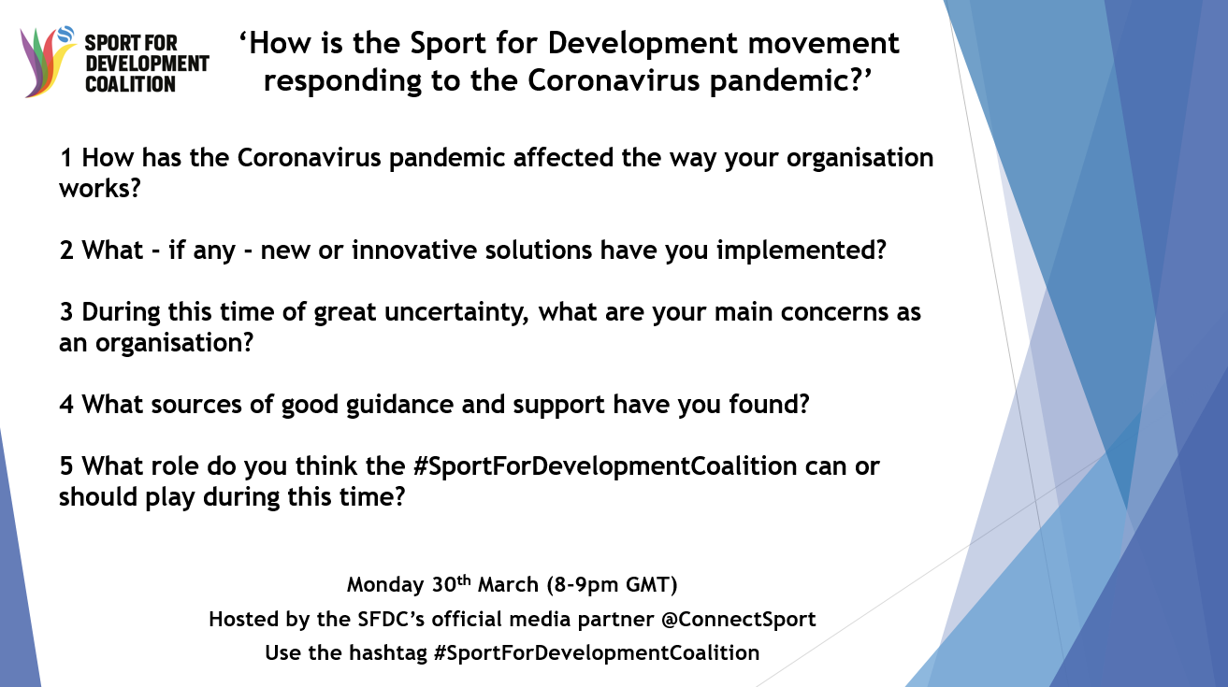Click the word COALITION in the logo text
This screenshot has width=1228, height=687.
130,84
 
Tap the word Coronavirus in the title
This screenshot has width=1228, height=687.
614,80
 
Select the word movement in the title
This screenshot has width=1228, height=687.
823,43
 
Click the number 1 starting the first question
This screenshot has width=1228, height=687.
66,158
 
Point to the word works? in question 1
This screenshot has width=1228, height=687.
100,189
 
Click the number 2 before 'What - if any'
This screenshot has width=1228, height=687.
66,250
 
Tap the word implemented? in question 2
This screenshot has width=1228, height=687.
801,250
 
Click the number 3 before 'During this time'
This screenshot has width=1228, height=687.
66,312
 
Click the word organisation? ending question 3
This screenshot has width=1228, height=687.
174,344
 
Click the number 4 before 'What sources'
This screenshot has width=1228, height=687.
66,405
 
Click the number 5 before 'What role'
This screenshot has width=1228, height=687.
66,466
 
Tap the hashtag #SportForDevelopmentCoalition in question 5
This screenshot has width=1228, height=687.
605,466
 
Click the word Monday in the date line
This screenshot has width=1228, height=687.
385,585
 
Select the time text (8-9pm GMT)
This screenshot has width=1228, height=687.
612,585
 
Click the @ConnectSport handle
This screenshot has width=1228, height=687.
739,620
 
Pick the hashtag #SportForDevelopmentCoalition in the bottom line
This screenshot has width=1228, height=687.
597,653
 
